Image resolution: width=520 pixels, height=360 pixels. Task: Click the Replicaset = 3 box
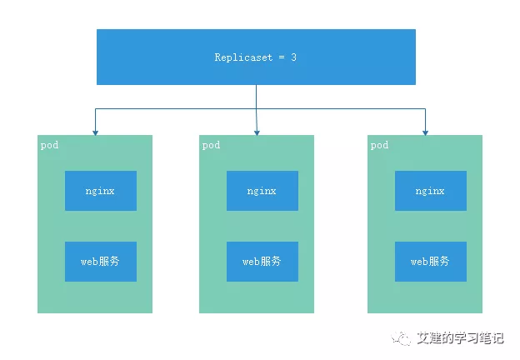click(x=256, y=57)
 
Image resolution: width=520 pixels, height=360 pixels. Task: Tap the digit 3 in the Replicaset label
click(x=293, y=57)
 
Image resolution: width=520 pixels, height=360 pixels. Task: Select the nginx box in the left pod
click(x=101, y=191)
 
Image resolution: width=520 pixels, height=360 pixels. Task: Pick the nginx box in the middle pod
click(x=262, y=191)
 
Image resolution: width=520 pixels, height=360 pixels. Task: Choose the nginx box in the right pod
click(x=431, y=191)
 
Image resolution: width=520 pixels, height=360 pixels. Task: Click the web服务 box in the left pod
click(x=101, y=262)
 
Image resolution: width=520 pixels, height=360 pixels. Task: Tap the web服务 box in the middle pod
click(x=262, y=262)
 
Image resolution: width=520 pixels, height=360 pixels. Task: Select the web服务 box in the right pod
click(x=431, y=262)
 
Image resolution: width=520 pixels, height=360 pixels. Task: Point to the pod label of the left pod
click(x=49, y=146)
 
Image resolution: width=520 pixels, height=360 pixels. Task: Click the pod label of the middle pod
click(x=212, y=146)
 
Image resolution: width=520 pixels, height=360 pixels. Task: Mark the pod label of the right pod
click(x=379, y=146)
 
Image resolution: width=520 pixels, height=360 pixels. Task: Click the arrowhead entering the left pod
click(x=95, y=133)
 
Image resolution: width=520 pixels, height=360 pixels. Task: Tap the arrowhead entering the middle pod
click(x=257, y=133)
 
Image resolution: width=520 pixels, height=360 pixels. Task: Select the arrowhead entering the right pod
click(x=425, y=133)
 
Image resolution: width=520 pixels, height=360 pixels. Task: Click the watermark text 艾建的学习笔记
click(x=460, y=337)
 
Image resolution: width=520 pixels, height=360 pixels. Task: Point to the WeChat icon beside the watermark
click(x=401, y=337)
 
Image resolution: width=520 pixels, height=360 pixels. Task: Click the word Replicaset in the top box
click(x=243, y=57)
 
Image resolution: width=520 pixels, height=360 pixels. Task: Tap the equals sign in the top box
click(x=282, y=57)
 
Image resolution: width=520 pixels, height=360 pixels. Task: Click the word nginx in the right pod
click(x=430, y=192)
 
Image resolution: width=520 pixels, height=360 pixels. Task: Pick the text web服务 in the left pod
click(x=100, y=262)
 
